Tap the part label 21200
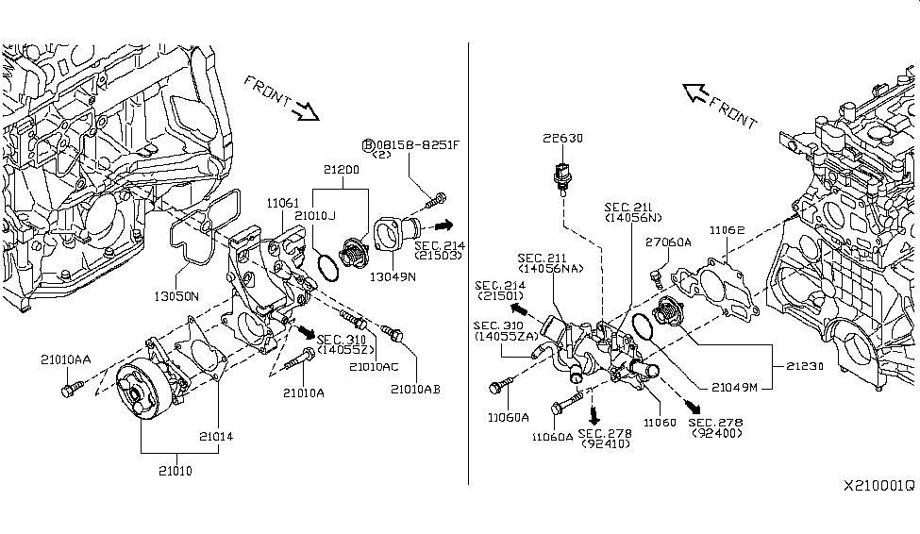click(343, 172)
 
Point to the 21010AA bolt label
click(66, 359)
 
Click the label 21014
click(217, 436)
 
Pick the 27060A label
click(668, 242)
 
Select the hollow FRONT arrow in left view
click(307, 112)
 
